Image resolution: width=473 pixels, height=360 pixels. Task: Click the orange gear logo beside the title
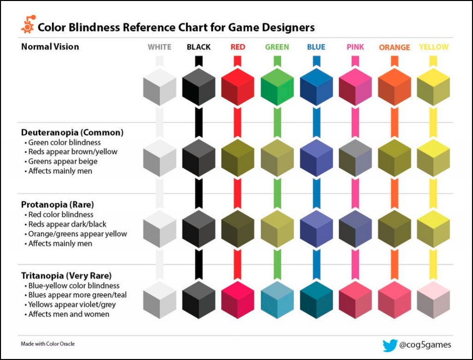28,24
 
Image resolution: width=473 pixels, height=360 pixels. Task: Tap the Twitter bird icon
390,345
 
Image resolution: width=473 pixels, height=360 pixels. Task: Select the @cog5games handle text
425,345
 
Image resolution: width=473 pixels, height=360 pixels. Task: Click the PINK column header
355,47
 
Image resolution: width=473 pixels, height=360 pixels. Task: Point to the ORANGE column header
394,48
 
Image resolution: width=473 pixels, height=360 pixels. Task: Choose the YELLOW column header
433,47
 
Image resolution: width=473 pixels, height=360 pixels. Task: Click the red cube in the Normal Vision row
237,87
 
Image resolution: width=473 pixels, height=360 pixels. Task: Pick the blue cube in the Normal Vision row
316,87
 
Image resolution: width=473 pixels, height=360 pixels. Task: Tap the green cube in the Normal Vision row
277,87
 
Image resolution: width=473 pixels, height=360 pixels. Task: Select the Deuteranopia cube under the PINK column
355,158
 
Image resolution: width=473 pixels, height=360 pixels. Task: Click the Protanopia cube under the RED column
237,229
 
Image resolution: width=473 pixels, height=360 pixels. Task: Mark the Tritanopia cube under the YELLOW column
433,300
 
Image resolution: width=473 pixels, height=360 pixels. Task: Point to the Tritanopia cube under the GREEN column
277,300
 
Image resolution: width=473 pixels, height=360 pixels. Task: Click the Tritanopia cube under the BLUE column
316,300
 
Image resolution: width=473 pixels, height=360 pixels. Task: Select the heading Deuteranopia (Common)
72,132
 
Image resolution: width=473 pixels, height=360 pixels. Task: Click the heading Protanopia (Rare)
58,205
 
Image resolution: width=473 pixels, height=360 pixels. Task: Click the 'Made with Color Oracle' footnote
48,344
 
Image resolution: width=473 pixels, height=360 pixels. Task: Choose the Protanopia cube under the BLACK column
198,229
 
